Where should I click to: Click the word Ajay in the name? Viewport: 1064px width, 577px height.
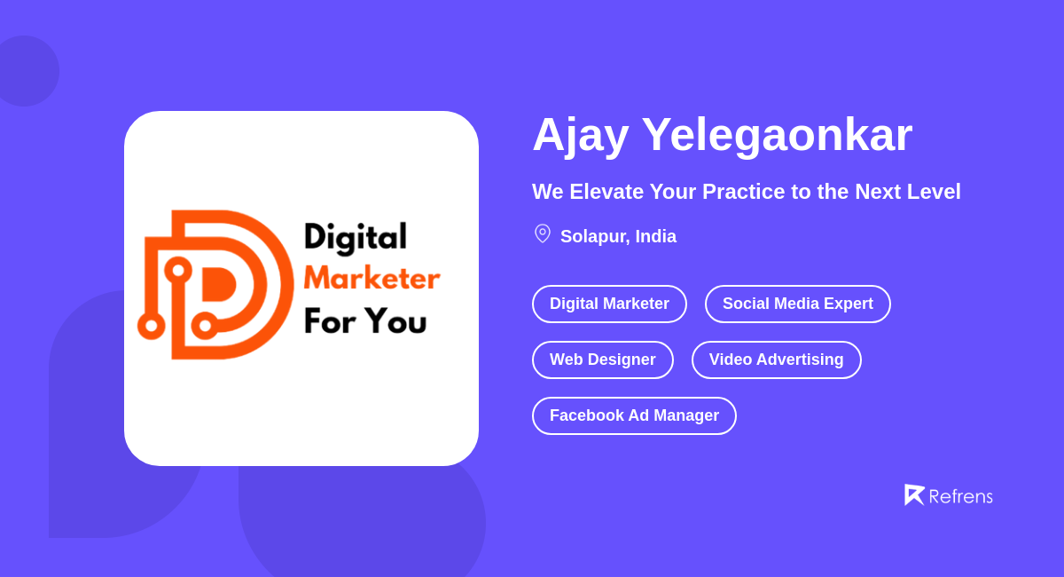[580, 135]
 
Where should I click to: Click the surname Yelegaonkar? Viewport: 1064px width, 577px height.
[777, 135]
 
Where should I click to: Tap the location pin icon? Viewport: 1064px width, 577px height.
[543, 233]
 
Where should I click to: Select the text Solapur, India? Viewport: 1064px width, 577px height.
[618, 236]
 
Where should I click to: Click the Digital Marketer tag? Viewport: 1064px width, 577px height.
[609, 304]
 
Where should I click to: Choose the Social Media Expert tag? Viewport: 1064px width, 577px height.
[797, 304]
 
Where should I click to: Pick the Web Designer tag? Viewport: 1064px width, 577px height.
[602, 360]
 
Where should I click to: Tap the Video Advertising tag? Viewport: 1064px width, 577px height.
[776, 360]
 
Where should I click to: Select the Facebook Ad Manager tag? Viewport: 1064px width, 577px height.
[634, 415]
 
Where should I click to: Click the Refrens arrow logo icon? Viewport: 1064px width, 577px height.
[913, 494]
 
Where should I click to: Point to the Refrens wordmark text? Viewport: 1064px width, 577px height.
[960, 496]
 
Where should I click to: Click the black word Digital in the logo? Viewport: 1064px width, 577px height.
[355, 237]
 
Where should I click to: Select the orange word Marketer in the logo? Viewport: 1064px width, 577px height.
[372, 278]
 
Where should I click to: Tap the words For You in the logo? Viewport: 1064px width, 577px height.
[364, 320]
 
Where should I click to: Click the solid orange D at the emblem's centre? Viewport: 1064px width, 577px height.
[217, 284]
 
